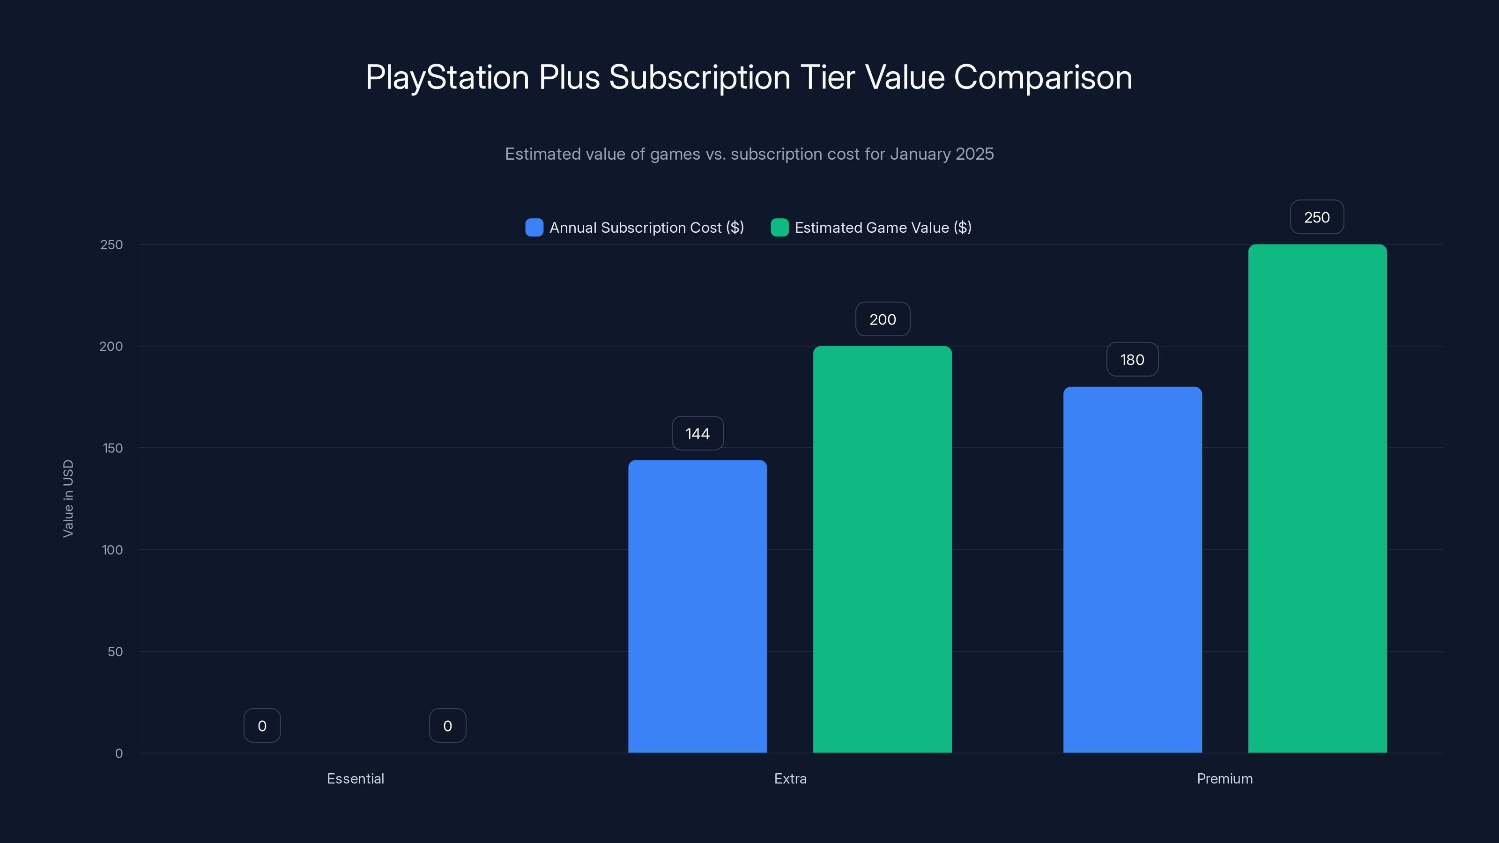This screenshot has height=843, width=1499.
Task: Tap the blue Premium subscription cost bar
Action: pyautogui.click(x=1132, y=569)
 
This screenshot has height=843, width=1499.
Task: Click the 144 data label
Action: pyautogui.click(x=697, y=433)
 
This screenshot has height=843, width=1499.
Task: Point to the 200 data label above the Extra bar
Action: pyautogui.click(x=882, y=319)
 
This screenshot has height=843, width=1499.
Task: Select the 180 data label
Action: pyautogui.click(x=1132, y=360)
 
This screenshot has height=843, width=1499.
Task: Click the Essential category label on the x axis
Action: pyautogui.click(x=355, y=778)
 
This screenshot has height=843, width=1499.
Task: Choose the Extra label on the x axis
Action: pyautogui.click(x=790, y=778)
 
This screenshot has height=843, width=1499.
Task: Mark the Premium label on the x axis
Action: pyautogui.click(x=1224, y=778)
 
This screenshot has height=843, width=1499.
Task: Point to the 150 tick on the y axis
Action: pyautogui.click(x=112, y=448)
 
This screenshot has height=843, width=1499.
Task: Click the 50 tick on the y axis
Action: pyautogui.click(x=115, y=651)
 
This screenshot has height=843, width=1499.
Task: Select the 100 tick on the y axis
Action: pyautogui.click(x=112, y=550)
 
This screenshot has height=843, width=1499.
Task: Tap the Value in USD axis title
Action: pyautogui.click(x=68, y=499)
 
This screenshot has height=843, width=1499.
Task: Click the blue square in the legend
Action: pyautogui.click(x=534, y=228)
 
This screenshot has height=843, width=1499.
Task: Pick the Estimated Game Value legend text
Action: pyautogui.click(x=882, y=228)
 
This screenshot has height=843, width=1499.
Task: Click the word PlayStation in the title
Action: pyautogui.click(x=447, y=77)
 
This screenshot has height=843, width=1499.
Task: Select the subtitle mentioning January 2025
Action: pyautogui.click(x=749, y=154)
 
